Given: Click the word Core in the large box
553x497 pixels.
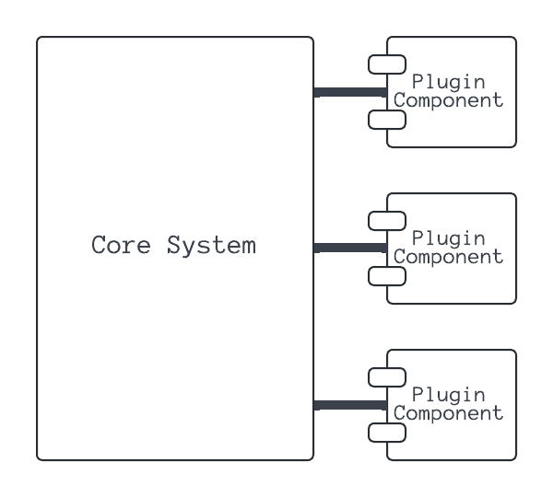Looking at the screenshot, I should click(123, 246).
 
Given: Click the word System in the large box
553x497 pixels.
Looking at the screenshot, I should click(211, 246).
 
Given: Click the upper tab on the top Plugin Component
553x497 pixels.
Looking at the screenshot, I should click(387, 64).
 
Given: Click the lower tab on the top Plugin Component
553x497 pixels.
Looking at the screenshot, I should click(387, 120).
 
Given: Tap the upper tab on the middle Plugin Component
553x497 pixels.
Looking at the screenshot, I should click(387, 221).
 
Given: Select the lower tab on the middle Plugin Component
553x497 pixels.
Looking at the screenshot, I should click(387, 276).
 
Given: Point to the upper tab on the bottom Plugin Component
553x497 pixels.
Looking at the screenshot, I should click(387, 377).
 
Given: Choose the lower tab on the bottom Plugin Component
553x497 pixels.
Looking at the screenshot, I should click(387, 433).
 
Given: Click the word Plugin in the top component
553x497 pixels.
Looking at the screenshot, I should click(449, 83).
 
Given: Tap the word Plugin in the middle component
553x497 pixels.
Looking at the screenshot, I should click(449, 239).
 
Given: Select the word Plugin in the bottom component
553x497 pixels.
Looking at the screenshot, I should click(449, 396).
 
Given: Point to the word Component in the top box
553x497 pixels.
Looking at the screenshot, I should click(449, 101).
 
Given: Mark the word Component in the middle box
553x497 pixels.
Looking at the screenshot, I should click(449, 258).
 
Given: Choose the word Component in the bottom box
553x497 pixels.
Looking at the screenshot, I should click(449, 414).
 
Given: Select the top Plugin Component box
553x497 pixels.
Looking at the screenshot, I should click(461, 129).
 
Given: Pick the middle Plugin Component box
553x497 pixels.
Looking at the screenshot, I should click(461, 285).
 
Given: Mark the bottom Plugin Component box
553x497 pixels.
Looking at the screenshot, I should click(461, 442).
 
